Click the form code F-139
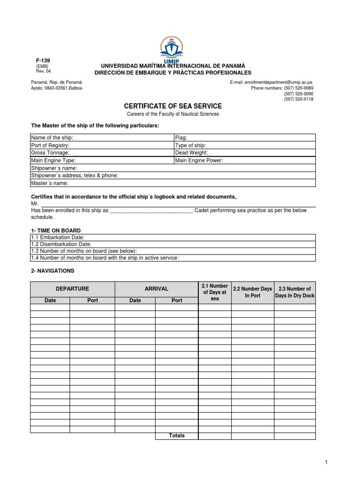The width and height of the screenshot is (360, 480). [x=43, y=61]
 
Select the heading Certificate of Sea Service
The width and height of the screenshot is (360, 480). [x=172, y=106]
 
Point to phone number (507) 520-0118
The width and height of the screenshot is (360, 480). [x=298, y=99]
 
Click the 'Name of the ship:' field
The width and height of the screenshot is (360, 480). [x=101, y=138]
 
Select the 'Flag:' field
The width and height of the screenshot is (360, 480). [x=244, y=138]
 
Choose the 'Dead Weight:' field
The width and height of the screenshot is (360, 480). [x=244, y=153]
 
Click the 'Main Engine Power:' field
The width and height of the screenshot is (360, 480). [x=244, y=160]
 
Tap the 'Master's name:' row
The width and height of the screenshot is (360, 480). [x=172, y=183]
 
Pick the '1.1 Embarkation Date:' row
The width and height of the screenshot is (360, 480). [x=172, y=238]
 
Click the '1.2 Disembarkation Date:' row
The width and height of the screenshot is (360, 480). [x=172, y=244]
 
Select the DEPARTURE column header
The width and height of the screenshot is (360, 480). [x=72, y=289]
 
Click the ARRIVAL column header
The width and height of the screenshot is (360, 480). [x=156, y=289]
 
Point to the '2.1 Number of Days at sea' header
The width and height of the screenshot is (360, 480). [x=215, y=292]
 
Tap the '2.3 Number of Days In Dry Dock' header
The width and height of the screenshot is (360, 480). [x=295, y=292]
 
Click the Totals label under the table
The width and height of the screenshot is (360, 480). [x=177, y=435]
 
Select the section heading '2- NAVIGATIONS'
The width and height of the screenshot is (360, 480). [x=52, y=271]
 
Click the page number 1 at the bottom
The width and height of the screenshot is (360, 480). [x=326, y=463]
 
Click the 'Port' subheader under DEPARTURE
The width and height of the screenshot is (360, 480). [x=92, y=300]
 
